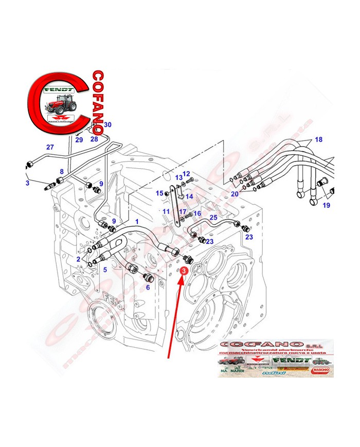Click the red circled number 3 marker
coord(184,268)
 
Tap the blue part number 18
coord(318,140)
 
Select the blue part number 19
coord(326,205)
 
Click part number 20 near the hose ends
coord(235,194)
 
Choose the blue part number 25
coord(213,219)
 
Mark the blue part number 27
coord(50,147)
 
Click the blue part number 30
coord(107,125)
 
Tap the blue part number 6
coord(148,288)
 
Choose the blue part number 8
coord(62,172)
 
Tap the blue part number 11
coord(166,211)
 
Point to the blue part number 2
coord(78,259)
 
